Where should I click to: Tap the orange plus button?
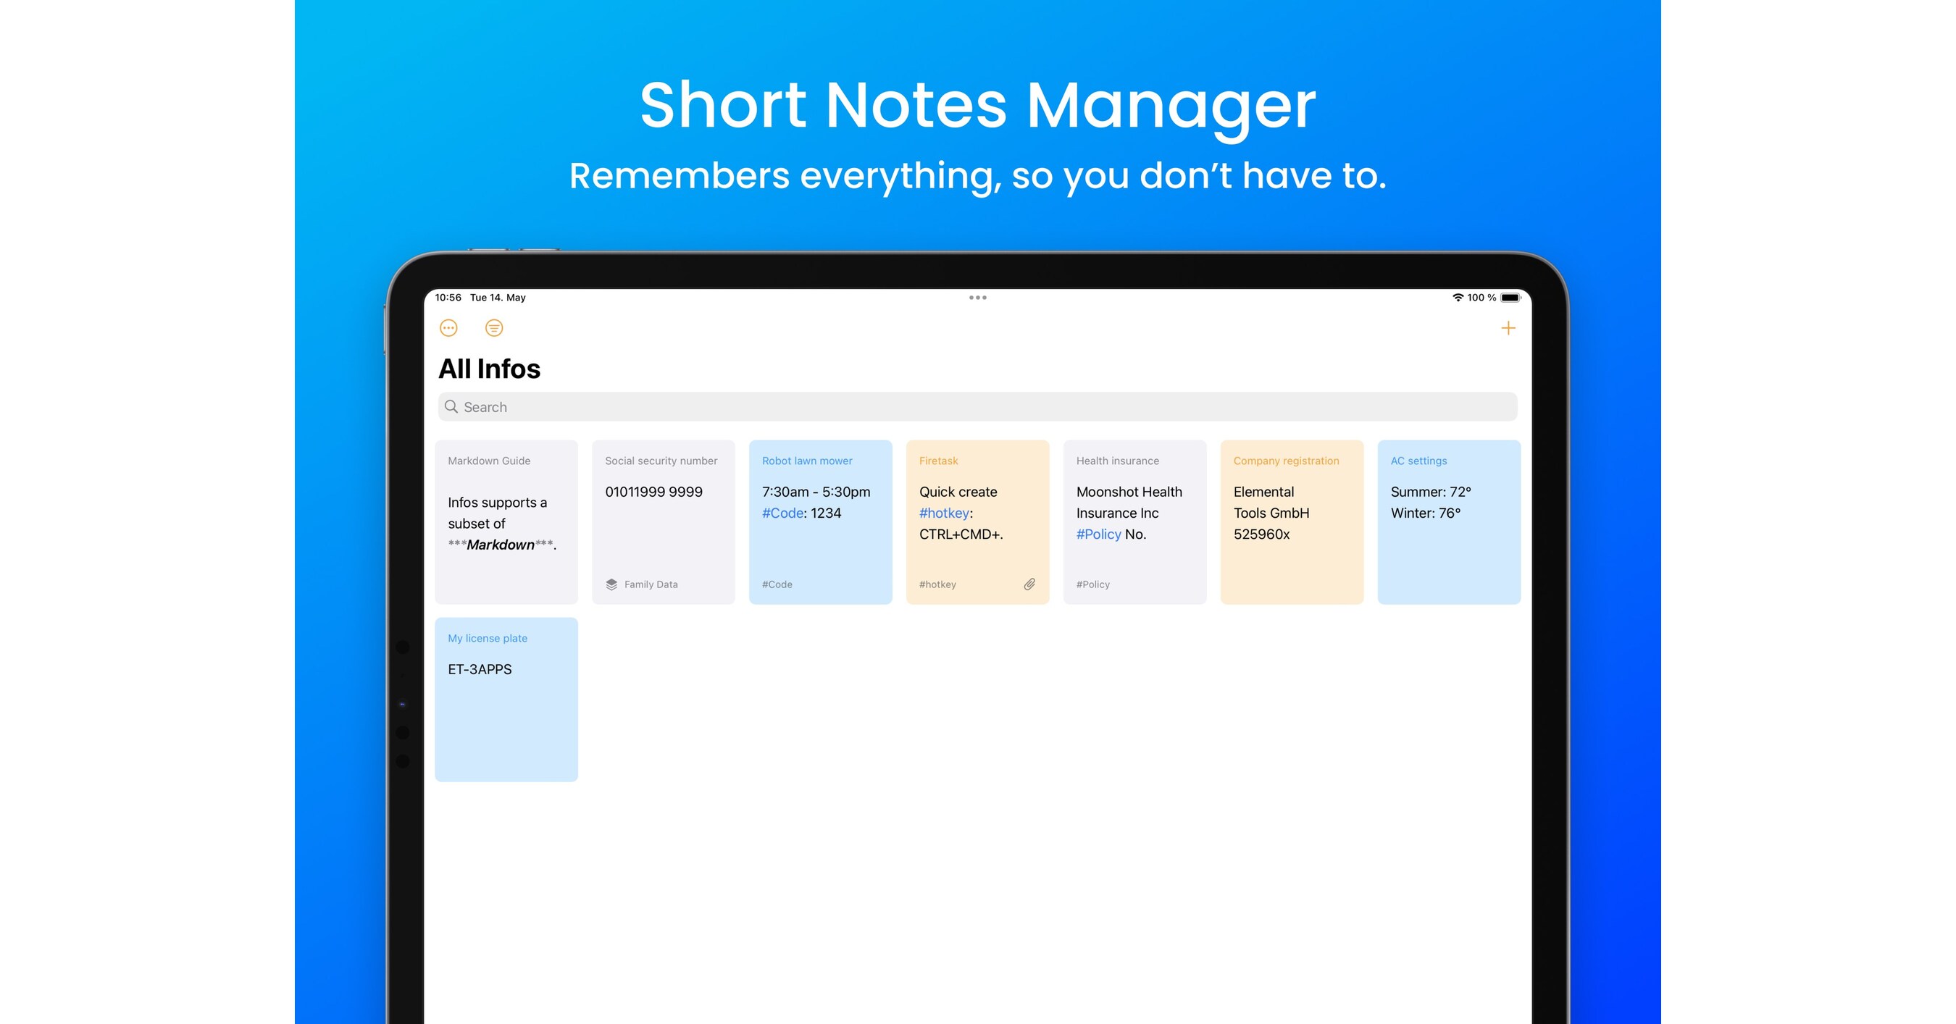(x=1508, y=328)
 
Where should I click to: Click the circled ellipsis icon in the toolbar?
(x=448, y=328)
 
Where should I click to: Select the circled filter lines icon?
(x=493, y=328)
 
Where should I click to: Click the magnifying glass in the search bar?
(x=451, y=407)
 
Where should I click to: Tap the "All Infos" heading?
(x=489, y=369)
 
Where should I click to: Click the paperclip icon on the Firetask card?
(x=1029, y=584)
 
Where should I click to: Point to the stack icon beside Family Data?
(x=611, y=584)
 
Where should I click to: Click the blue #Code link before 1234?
(x=782, y=513)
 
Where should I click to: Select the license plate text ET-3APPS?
(x=479, y=669)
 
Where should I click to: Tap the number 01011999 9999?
(x=653, y=492)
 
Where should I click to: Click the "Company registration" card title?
(x=1285, y=461)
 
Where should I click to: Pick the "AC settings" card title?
(x=1418, y=461)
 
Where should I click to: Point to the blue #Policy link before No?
(x=1098, y=534)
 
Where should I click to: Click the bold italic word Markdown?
(x=501, y=545)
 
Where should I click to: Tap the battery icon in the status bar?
(x=1510, y=298)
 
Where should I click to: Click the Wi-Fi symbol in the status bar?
(x=1458, y=298)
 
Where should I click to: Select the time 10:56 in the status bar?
(x=448, y=298)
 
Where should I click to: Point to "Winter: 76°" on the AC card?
(x=1425, y=513)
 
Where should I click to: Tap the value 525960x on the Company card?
(x=1261, y=534)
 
